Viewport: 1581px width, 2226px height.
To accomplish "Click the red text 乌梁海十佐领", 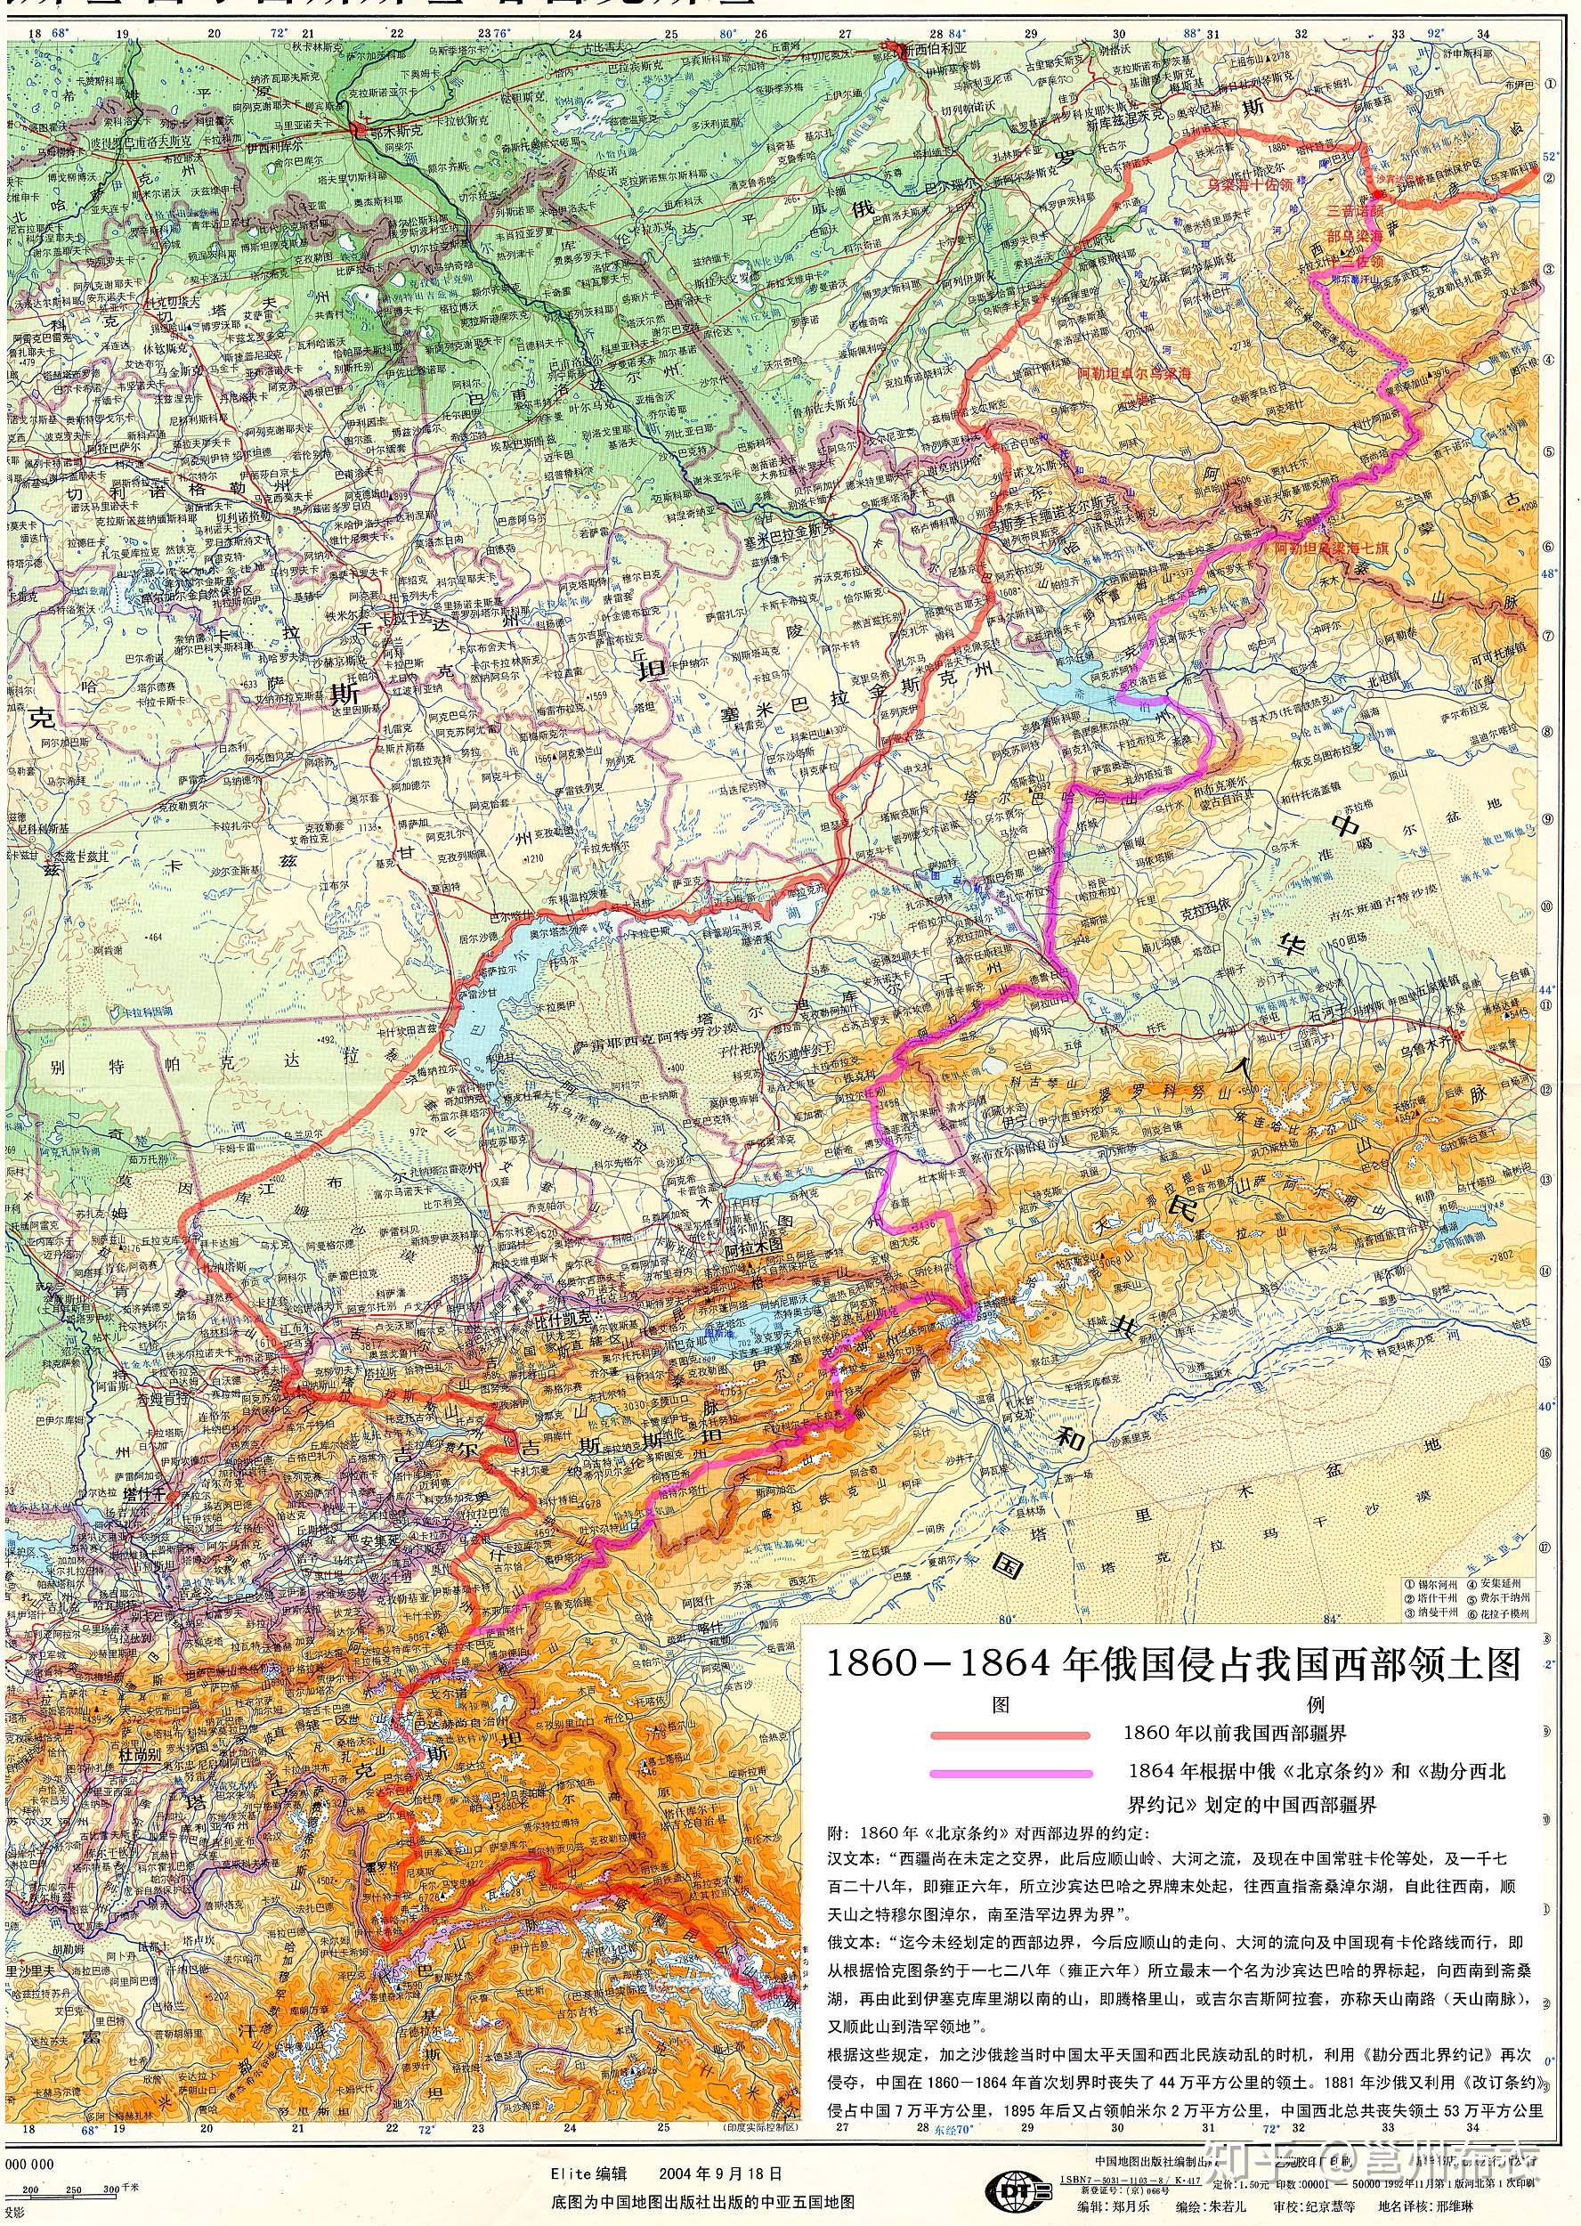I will click(x=1249, y=183).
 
